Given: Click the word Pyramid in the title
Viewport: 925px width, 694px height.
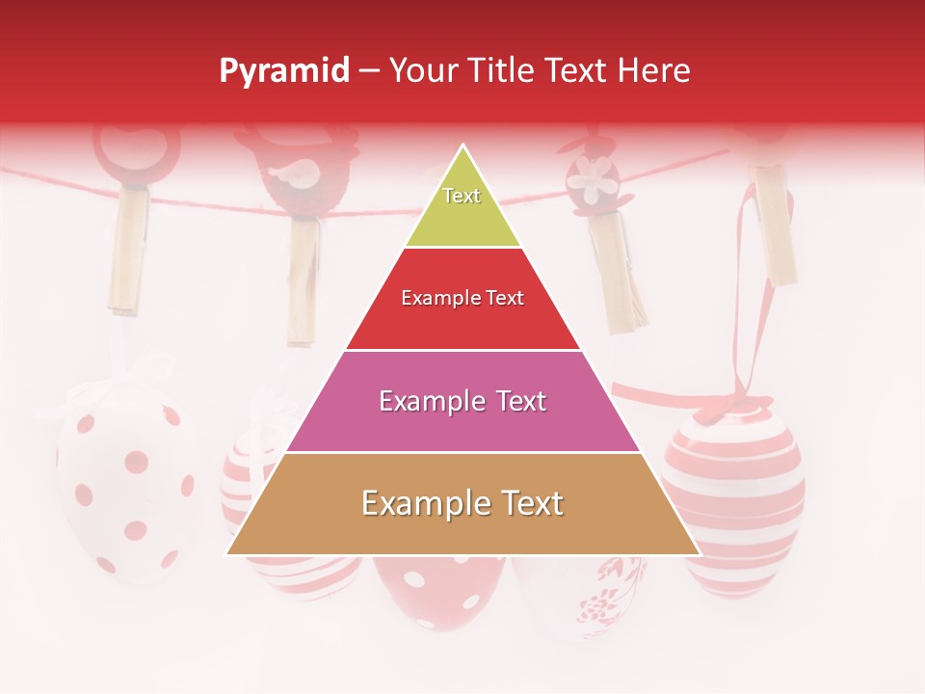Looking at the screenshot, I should pos(283,71).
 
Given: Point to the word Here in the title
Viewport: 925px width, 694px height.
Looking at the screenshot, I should pos(654,70).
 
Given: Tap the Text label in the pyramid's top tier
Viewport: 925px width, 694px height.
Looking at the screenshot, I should pos(462,196).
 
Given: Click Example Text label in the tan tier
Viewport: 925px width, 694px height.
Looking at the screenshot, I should pos(462,503).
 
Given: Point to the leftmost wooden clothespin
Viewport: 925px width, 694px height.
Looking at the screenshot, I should pos(128,251).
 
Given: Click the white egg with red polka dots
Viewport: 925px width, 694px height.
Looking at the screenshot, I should pos(125,482).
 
